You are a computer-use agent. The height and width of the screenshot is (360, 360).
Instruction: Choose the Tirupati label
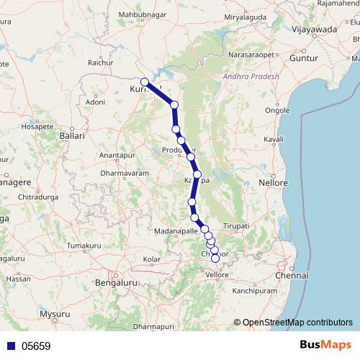click(235, 226)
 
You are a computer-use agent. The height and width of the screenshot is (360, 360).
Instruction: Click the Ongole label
click(277, 110)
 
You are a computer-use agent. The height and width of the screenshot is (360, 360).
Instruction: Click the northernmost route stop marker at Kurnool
click(145, 82)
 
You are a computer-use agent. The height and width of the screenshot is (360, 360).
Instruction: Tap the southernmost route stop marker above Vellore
click(215, 258)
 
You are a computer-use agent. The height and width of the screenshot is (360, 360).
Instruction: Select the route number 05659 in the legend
click(36, 346)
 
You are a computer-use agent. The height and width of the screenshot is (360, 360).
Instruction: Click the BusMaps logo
click(321, 345)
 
